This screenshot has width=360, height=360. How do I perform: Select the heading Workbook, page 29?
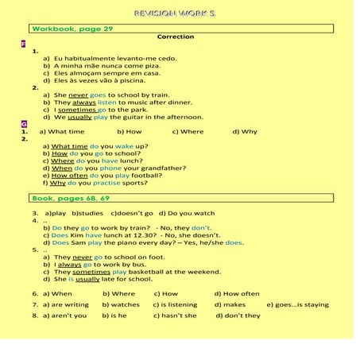click(x=72, y=29)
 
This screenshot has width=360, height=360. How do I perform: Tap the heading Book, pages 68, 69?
click(x=71, y=198)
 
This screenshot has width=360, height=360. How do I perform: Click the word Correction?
click(x=176, y=37)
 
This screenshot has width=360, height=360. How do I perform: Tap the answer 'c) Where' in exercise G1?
click(x=188, y=132)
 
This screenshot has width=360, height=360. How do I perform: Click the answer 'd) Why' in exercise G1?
click(x=245, y=132)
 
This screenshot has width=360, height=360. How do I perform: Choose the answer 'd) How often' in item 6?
click(x=237, y=293)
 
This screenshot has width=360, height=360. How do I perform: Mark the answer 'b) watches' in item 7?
click(x=121, y=304)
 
